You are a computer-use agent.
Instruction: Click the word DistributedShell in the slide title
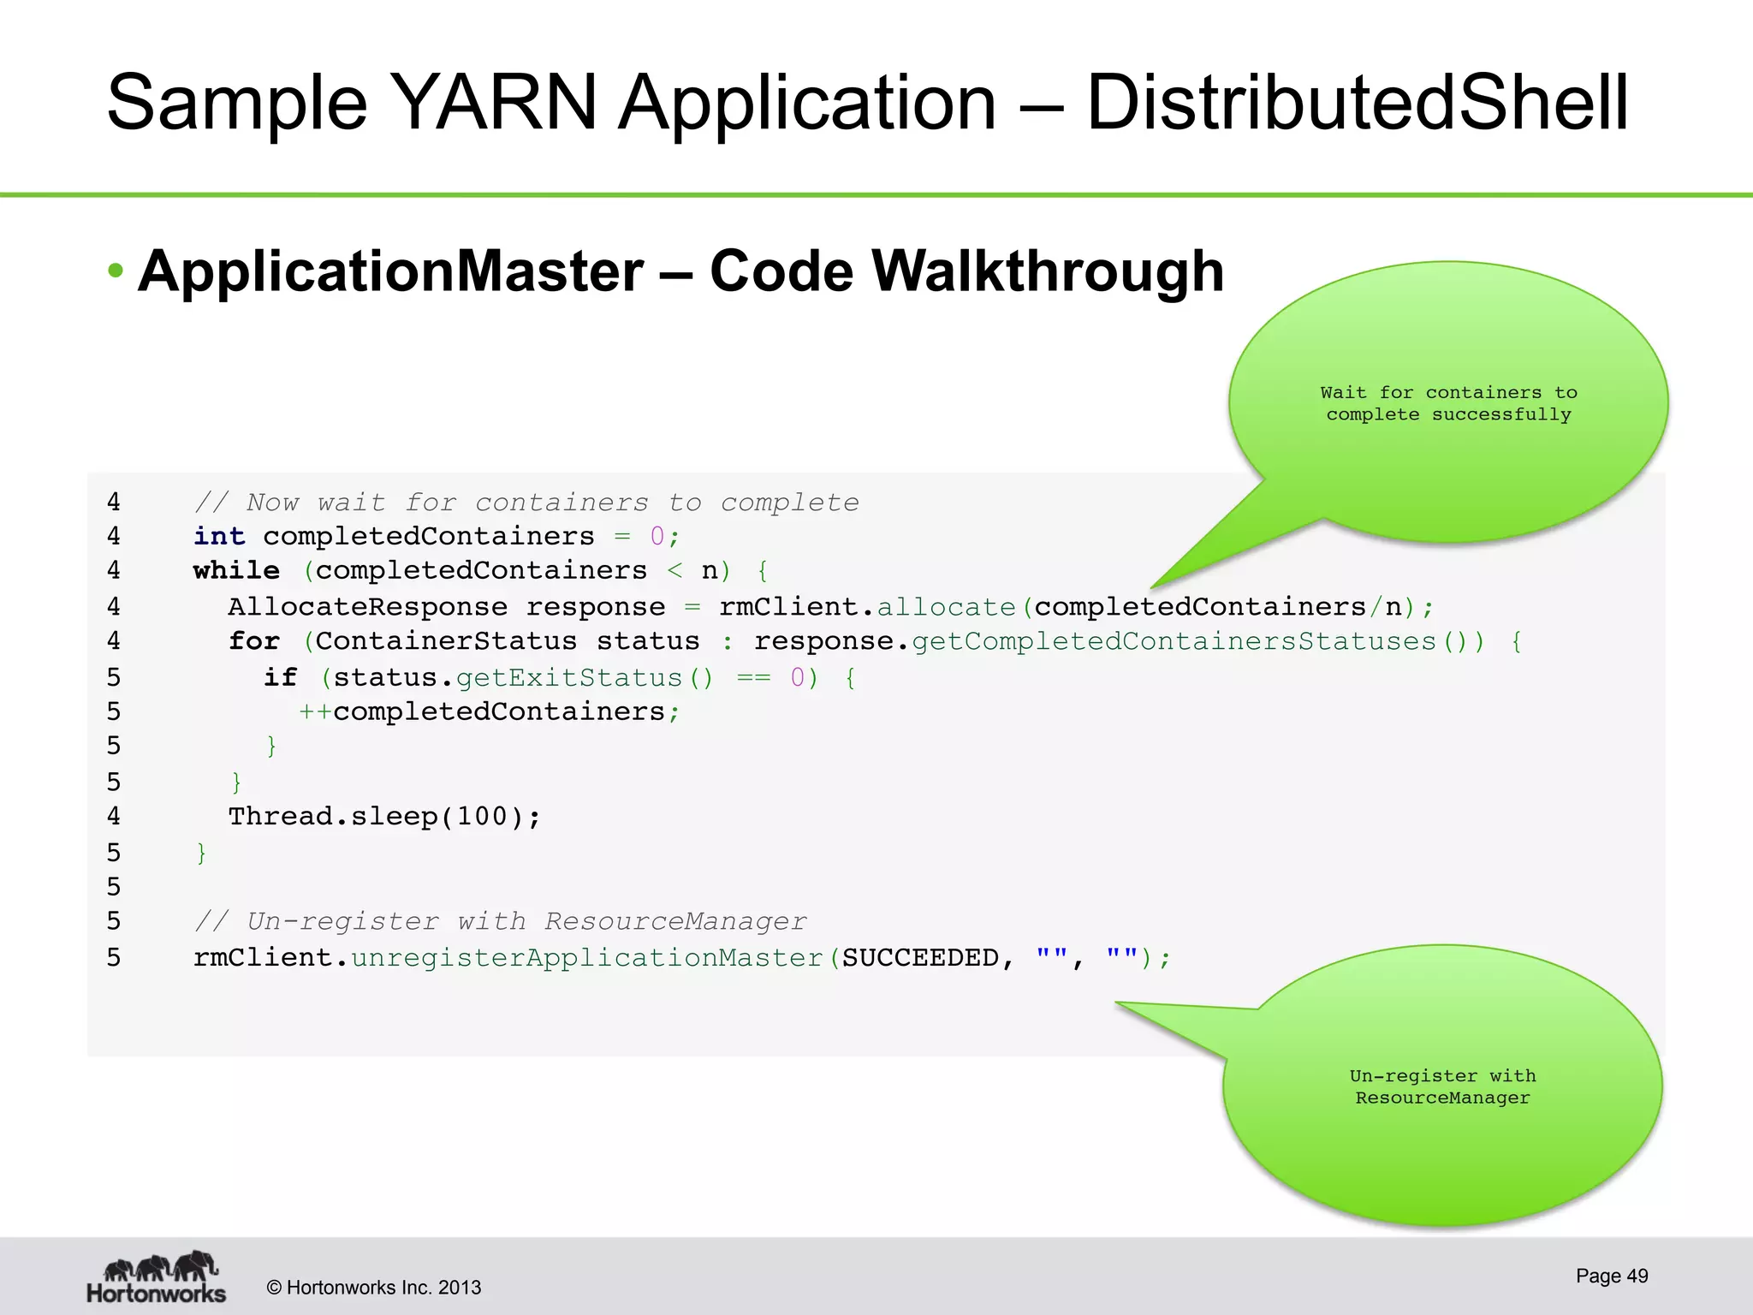point(1357,103)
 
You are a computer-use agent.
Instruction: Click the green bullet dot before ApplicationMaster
point(116,272)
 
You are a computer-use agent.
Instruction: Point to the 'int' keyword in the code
point(219,537)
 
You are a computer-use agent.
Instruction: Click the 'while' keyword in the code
point(236,571)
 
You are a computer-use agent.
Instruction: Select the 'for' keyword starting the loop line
point(254,641)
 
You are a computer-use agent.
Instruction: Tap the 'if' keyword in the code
point(280,678)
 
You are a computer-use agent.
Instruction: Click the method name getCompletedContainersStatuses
point(1173,641)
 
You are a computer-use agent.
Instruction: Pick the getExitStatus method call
point(568,678)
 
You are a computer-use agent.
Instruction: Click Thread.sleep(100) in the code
point(384,817)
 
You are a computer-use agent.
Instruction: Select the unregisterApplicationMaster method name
point(586,958)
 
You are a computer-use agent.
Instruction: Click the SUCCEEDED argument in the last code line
point(920,958)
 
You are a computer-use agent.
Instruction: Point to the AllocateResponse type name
point(367,607)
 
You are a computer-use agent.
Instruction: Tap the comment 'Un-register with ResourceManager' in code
point(501,922)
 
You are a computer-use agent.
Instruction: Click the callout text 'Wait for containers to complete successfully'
point(1448,404)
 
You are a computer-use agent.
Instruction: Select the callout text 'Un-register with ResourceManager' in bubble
point(1442,1087)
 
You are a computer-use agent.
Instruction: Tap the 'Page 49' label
point(1612,1276)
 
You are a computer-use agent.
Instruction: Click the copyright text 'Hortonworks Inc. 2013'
point(374,1288)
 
